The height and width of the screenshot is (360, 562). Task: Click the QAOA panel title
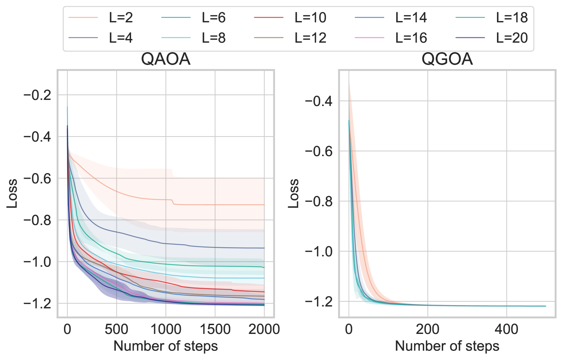[x=166, y=59]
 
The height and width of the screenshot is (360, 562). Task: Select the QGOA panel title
[x=447, y=59]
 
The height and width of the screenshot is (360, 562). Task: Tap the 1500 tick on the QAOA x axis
[x=215, y=329]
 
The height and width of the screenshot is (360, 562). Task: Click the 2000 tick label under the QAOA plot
[x=264, y=329]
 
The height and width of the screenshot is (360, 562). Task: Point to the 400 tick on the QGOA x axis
[x=506, y=329]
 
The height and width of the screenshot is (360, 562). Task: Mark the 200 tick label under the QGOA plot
[x=428, y=329]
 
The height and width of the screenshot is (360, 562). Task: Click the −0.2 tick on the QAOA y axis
[x=37, y=95]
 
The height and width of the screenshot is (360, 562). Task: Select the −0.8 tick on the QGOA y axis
[x=319, y=202]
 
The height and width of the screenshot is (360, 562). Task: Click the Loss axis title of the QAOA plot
[x=12, y=193]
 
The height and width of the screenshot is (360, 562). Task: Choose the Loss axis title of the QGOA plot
[x=294, y=193]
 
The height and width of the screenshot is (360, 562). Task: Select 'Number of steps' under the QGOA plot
[x=447, y=346]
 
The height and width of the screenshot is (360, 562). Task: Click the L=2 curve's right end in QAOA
[x=264, y=205]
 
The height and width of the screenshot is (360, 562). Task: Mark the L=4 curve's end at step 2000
[x=264, y=248]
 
